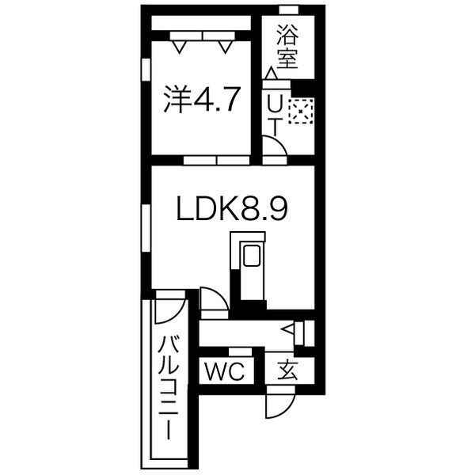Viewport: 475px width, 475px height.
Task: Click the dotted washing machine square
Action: pyautogui.click(x=301, y=112)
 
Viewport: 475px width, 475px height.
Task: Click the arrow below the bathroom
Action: pyautogui.click(x=272, y=74)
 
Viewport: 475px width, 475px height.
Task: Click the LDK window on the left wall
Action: pyautogui.click(x=145, y=229)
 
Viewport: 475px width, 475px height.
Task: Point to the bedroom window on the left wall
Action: pyautogui.click(x=145, y=69)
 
